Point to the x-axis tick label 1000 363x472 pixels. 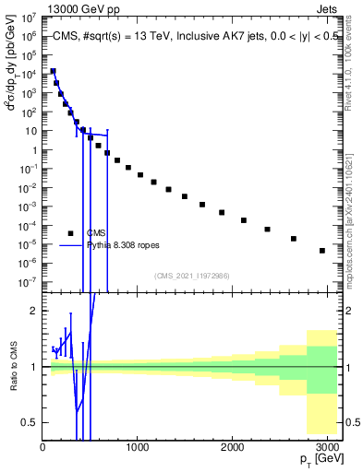pos(138,447)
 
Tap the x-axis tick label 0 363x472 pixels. pos(42,447)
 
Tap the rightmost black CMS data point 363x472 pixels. pos(321,250)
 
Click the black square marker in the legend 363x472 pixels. pos(70,232)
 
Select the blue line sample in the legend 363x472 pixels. pos(70,245)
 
